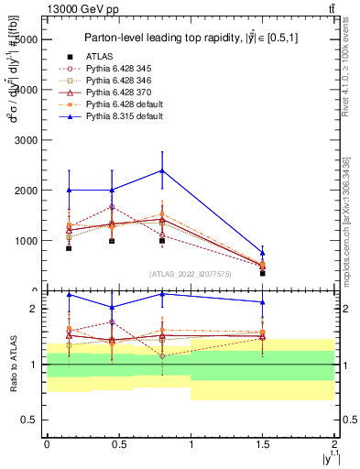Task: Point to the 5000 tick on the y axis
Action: tap(43, 40)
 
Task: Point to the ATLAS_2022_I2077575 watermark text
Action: tap(189, 273)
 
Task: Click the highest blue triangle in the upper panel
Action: tap(162, 170)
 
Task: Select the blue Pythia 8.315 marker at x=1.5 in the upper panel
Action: tap(262, 253)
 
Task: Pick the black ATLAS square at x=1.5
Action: tap(262, 273)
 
